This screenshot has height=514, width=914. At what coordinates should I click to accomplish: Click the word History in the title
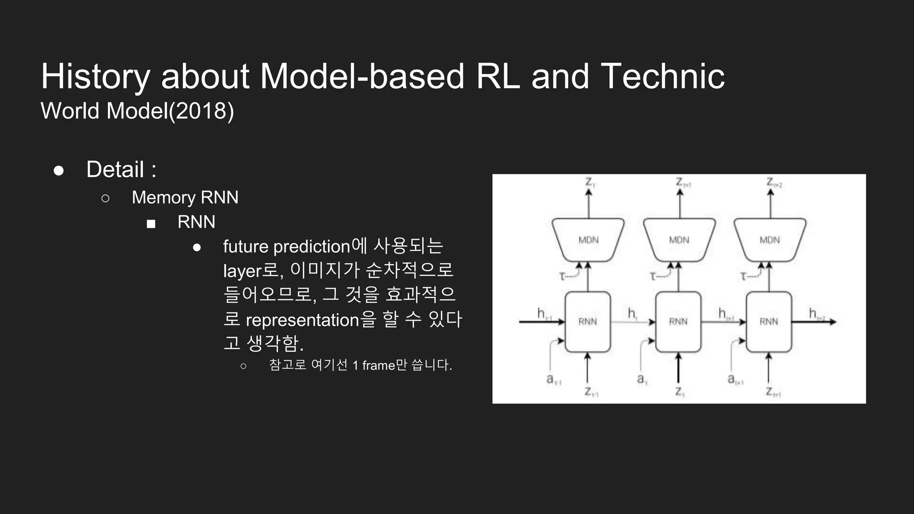(x=95, y=77)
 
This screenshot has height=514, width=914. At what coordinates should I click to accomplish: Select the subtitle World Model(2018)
(x=137, y=111)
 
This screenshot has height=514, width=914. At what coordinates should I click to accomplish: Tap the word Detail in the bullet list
(x=115, y=170)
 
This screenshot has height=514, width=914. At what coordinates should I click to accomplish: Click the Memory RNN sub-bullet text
(x=185, y=197)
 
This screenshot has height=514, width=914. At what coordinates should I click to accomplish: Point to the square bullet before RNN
(x=151, y=224)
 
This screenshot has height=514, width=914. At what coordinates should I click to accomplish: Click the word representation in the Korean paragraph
(x=302, y=320)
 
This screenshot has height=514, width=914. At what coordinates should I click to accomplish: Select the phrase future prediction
(x=287, y=247)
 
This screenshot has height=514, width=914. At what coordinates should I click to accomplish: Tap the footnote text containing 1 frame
(x=360, y=365)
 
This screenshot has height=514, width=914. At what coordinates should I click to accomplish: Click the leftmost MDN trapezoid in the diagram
(x=588, y=240)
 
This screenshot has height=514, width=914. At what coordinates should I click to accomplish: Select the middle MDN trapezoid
(x=679, y=240)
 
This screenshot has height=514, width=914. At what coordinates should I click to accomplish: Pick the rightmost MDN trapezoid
(x=769, y=240)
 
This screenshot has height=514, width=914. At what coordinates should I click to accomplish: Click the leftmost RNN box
(x=587, y=322)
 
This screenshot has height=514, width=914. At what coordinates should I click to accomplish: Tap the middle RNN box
(x=678, y=322)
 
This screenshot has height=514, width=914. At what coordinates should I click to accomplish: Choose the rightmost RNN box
(x=769, y=322)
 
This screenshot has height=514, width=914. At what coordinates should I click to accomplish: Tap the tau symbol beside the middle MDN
(x=653, y=277)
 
